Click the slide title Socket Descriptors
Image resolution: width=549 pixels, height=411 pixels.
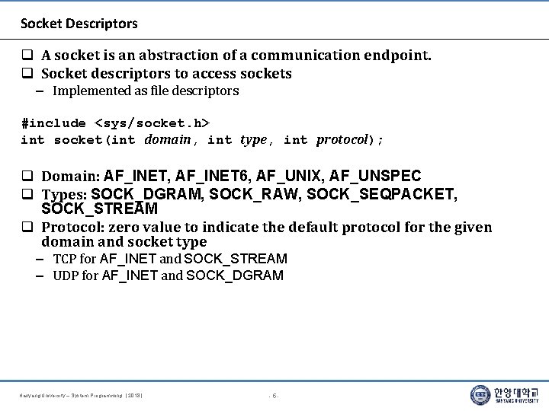[79, 24]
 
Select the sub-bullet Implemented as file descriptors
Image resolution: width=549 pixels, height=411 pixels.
[145, 91]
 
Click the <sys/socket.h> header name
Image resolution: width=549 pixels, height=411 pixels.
[152, 123]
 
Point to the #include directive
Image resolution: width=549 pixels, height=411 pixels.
[53, 123]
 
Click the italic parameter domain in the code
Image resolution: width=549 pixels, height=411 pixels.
[167, 139]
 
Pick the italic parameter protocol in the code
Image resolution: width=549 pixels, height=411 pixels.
[342, 139]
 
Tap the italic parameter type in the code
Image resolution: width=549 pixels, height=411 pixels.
[253, 139]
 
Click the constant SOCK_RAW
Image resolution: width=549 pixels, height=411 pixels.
[255, 194]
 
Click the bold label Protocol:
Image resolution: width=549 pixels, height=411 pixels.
[73, 228]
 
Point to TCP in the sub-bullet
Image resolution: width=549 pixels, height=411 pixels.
[64, 259]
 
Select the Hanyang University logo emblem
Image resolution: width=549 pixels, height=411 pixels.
[480, 395]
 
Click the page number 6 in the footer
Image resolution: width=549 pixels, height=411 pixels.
[274, 396]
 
